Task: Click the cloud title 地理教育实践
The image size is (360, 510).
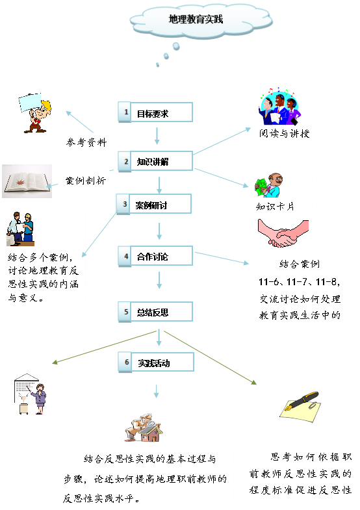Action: tap(196, 19)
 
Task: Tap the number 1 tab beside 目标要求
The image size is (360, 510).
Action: tap(125, 112)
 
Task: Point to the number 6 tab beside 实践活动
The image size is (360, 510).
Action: tap(125, 362)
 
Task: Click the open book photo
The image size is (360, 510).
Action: tap(27, 181)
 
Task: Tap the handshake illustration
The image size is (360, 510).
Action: tap(283, 233)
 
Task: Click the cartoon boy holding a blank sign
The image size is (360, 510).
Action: tap(35, 113)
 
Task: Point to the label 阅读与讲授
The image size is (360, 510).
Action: tap(284, 133)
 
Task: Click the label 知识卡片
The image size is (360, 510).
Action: tap(275, 207)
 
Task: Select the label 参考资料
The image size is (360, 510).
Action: tap(86, 142)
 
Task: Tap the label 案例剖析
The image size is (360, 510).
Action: tap(86, 181)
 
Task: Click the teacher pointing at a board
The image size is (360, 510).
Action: tap(31, 394)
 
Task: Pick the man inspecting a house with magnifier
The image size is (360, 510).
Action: tap(144, 427)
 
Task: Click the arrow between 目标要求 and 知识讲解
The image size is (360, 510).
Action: tap(157, 136)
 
